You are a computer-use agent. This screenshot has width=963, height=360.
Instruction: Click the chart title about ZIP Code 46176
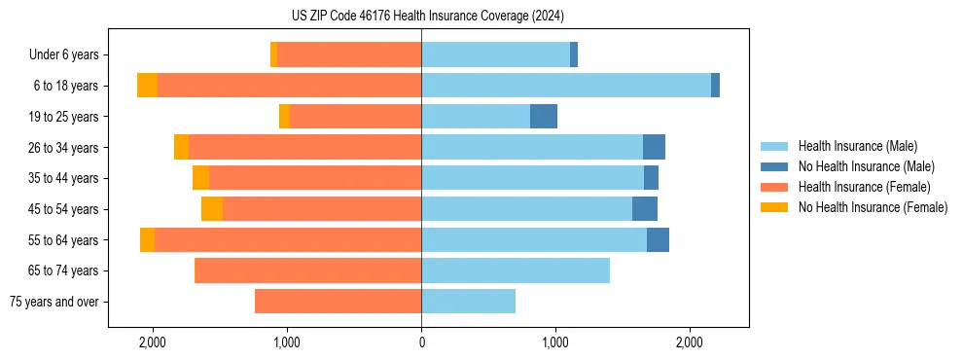click(427, 16)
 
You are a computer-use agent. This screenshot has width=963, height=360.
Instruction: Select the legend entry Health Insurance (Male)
click(857, 146)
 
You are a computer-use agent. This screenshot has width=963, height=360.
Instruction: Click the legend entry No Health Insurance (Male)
click(866, 166)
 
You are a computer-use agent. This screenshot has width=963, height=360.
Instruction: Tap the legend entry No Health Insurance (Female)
click(873, 207)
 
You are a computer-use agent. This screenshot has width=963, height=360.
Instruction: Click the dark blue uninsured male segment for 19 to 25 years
click(544, 117)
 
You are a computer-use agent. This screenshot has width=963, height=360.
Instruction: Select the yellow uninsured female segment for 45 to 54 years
click(212, 209)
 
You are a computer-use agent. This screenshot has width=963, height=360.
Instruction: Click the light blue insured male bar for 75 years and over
click(468, 302)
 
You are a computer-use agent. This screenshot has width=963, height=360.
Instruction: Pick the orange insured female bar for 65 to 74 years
click(307, 270)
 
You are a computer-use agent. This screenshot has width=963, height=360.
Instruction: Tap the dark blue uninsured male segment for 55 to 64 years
click(658, 240)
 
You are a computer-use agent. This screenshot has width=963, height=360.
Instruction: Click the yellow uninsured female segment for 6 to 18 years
click(147, 86)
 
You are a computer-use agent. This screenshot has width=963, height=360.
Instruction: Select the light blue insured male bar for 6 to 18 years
click(566, 86)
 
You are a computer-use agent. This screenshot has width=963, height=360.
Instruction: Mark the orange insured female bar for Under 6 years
click(349, 55)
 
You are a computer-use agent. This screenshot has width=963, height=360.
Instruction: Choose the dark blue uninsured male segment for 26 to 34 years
click(654, 148)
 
